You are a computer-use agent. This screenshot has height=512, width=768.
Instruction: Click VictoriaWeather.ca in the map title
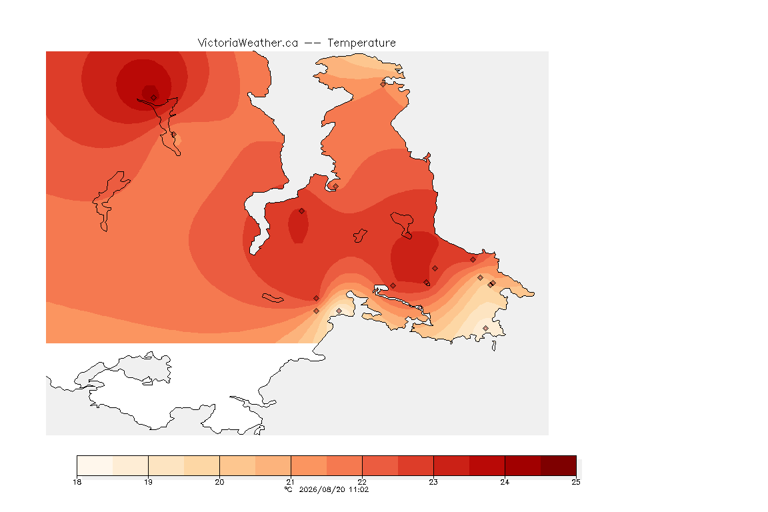pyautogui.click(x=248, y=43)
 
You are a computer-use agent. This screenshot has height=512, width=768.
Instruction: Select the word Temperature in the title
pyautogui.click(x=361, y=43)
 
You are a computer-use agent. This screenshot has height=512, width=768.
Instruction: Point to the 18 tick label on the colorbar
pyautogui.click(x=77, y=482)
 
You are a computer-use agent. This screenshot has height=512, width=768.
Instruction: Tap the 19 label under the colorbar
pyautogui.click(x=148, y=482)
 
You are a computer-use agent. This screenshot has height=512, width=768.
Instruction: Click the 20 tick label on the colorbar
pyautogui.click(x=219, y=482)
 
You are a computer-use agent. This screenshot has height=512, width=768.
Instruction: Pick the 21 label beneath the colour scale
pyautogui.click(x=291, y=482)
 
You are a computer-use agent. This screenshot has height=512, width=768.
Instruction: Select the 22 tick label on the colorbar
pyautogui.click(x=362, y=482)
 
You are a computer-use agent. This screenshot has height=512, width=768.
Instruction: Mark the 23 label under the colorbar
pyautogui.click(x=433, y=482)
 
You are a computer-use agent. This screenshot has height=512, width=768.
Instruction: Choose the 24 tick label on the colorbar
pyautogui.click(x=505, y=482)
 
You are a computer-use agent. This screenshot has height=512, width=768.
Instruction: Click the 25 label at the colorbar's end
pyautogui.click(x=576, y=482)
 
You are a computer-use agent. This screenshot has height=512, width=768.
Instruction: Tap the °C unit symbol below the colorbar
pyautogui.click(x=289, y=489)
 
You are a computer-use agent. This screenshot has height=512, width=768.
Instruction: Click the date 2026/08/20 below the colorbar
pyautogui.click(x=322, y=489)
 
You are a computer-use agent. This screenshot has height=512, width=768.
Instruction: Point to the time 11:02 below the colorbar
pyautogui.click(x=359, y=489)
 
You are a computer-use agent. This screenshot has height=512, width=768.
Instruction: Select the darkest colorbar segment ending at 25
pyautogui.click(x=559, y=465)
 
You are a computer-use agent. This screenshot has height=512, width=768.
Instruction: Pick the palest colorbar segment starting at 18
pyautogui.click(x=95, y=465)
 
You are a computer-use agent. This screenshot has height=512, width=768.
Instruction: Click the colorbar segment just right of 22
pyautogui.click(x=380, y=465)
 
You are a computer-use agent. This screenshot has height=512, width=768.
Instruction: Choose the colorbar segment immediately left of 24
pyautogui.click(x=487, y=465)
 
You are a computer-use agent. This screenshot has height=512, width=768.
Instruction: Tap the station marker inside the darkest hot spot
pyautogui.click(x=154, y=98)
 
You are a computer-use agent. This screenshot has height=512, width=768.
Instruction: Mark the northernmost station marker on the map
pyautogui.click(x=383, y=84)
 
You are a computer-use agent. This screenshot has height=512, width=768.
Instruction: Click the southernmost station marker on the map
pyautogui.click(x=485, y=329)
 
